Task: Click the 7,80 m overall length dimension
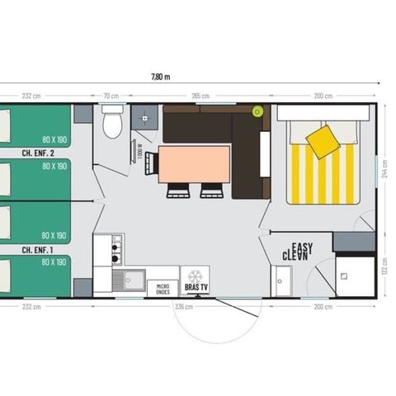pos(160,77)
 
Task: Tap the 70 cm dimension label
pos(111,97)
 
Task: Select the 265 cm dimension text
pos(199,97)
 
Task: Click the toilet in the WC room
pos(112,124)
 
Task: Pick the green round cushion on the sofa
pos(257,111)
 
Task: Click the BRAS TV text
pos(195,288)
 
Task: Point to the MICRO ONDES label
pos(163,289)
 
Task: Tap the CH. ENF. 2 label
pos(38,153)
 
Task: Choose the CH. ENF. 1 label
pos(38,249)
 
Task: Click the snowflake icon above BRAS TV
pos(195,276)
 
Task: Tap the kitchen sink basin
pos(130,280)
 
